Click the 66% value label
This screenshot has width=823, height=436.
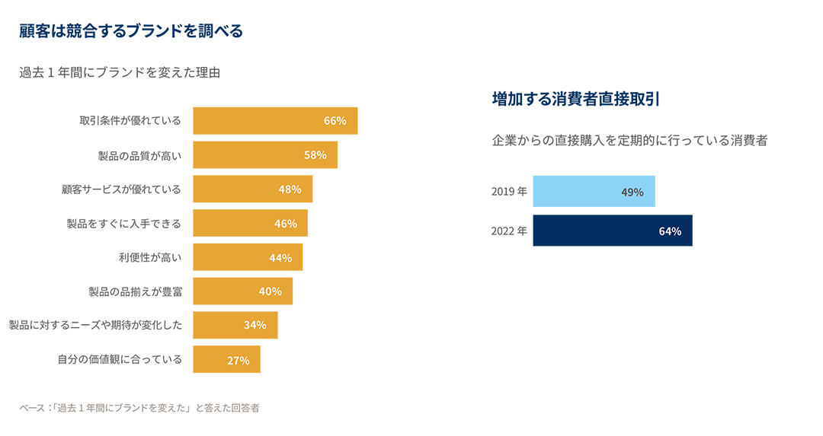335,121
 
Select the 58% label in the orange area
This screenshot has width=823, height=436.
315,155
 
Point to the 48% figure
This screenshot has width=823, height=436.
290,189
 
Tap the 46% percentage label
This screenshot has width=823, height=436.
285,224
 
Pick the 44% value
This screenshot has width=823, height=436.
280,258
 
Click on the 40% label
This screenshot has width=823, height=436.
270,291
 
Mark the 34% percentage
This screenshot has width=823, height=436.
255,326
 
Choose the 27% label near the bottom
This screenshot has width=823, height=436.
238,361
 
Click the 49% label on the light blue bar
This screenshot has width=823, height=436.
632,193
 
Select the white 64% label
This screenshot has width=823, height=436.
670,231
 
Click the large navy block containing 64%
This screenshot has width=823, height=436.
648,320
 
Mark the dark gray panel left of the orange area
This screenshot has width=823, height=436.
91,228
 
